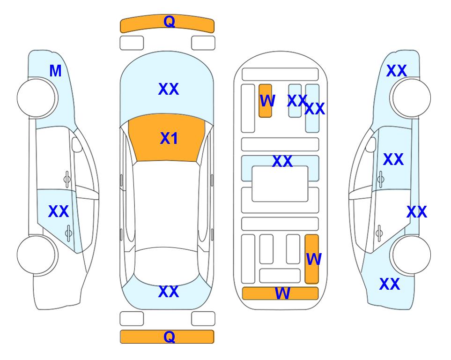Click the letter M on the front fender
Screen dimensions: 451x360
[x=56, y=71]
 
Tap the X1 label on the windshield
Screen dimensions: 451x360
[x=169, y=138]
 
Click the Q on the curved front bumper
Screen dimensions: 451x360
[x=169, y=22]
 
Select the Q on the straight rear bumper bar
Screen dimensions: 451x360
[x=169, y=337]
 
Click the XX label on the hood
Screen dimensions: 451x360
[x=169, y=89]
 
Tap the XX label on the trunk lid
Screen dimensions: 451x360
[x=169, y=292]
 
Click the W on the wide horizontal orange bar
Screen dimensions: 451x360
[x=282, y=293]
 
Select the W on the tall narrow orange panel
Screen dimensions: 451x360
[x=314, y=259]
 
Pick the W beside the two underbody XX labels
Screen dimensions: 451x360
[x=267, y=101]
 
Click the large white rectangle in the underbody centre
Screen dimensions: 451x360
[x=280, y=184]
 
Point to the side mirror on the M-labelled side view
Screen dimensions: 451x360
[x=77, y=144]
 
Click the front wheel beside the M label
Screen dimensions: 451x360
[x=36, y=98]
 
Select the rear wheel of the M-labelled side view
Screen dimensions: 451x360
[x=36, y=255]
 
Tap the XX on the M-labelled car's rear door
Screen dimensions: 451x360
[x=59, y=211]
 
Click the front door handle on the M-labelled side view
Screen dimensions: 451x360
[x=67, y=179]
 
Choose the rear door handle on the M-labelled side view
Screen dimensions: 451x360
[x=68, y=232]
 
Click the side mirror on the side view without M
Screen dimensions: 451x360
[x=371, y=144]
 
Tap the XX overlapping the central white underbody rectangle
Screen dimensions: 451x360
[x=282, y=161]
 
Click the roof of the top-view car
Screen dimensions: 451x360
[x=166, y=204]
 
